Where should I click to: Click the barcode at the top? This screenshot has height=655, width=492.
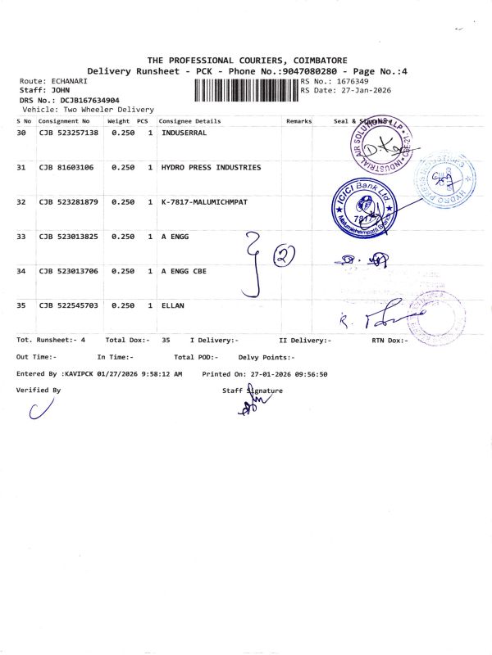246,89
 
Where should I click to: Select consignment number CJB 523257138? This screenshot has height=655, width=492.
69,133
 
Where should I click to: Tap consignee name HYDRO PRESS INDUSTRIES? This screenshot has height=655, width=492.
212,167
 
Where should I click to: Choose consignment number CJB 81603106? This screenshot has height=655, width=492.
66,167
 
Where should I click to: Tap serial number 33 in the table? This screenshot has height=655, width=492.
22,237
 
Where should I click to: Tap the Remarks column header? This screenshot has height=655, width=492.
299,121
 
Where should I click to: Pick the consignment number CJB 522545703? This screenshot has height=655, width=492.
69,305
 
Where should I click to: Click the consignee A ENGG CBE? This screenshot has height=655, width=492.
182,271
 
